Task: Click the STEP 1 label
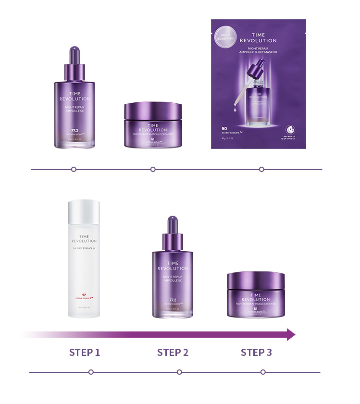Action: point(85,353)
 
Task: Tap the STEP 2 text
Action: point(173,353)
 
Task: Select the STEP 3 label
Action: point(256,353)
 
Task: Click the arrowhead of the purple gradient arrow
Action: point(290,334)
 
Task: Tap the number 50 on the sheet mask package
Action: point(224,128)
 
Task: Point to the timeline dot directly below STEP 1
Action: point(91,372)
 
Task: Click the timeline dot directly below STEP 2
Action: point(179,372)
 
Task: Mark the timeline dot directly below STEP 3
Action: point(263,372)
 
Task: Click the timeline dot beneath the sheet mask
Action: point(261,169)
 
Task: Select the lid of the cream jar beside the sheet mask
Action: point(153,111)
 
